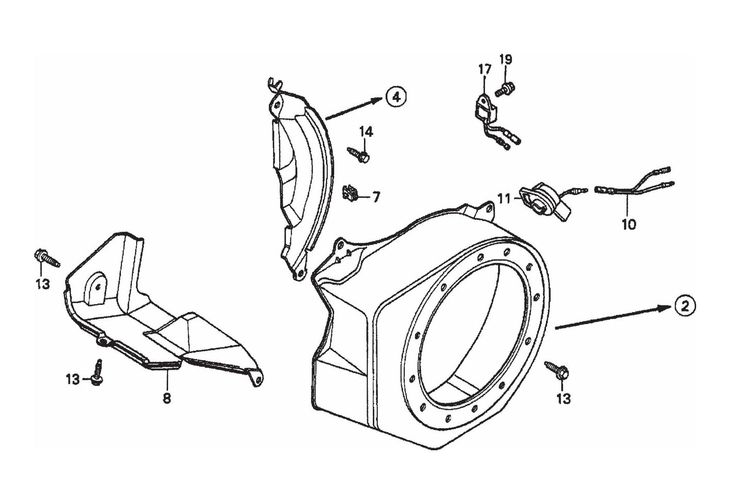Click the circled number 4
point(395,96)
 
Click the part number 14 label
point(366,132)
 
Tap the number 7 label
point(376,197)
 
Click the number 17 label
point(485,69)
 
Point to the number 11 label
point(504,197)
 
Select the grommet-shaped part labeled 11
point(536,197)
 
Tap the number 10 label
point(628,224)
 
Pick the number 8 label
point(167,398)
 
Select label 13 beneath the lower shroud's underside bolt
point(73,380)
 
